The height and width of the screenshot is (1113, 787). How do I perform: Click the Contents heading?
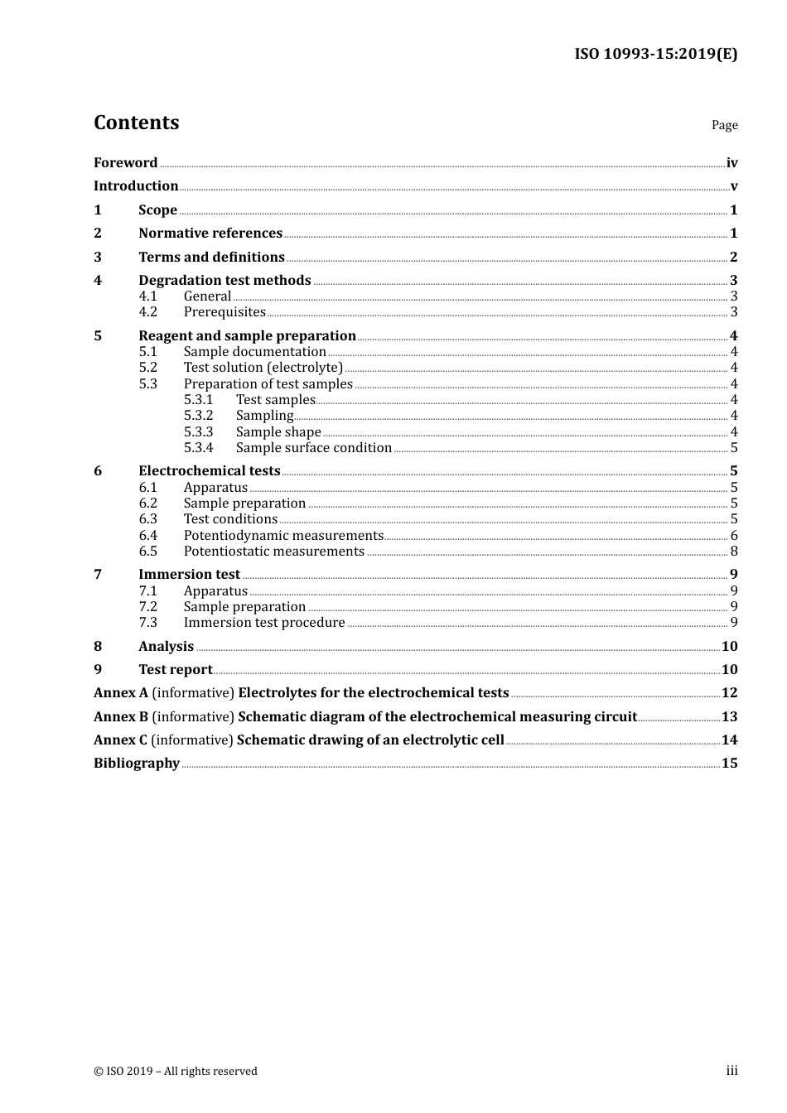point(136,123)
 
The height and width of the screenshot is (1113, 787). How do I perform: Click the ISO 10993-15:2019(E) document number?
point(655,54)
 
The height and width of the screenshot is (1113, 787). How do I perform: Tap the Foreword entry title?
point(125,163)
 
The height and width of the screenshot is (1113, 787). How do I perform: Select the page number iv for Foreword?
point(731,163)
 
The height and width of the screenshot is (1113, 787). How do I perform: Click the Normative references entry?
point(210,234)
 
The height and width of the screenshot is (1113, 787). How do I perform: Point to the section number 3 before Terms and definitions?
point(98,258)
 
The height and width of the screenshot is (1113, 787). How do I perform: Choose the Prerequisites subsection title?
point(225,312)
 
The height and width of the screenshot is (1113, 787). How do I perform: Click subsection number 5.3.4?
point(198,448)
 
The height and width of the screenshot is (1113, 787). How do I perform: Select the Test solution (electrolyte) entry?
point(263,368)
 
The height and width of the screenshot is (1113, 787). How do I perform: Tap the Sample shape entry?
point(278,432)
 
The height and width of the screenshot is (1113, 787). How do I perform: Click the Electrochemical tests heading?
point(209,471)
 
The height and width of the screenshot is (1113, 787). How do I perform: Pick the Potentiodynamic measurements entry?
point(283,536)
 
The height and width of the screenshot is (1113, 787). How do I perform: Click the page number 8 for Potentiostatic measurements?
point(734,552)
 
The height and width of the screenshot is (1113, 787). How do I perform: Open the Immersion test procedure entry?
point(264,623)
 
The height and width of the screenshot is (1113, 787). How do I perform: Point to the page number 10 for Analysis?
point(729,647)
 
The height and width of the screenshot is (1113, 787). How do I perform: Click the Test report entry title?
point(175,670)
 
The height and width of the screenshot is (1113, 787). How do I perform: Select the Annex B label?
point(121,717)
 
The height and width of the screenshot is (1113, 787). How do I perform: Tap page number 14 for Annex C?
point(729,740)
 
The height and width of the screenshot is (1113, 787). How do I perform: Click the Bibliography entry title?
point(137,764)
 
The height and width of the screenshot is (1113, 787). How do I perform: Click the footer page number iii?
point(731,1071)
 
